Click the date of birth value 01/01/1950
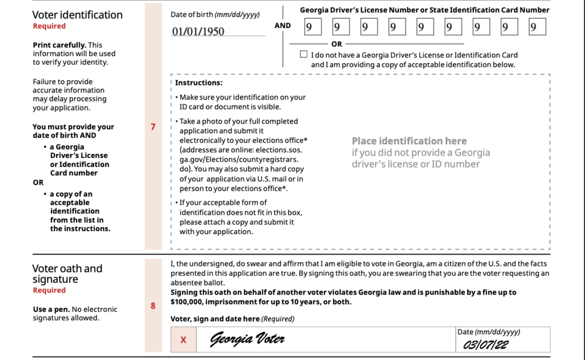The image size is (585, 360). click(198, 32)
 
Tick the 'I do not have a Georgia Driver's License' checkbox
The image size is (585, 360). click(303, 54)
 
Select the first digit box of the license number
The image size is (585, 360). click(312, 26)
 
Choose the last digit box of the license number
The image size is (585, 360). click(537, 26)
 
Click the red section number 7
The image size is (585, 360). click(153, 126)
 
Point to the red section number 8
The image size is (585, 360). click(153, 305)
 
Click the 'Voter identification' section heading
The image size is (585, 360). click(77, 15)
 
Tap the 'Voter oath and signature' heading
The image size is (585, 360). click(67, 274)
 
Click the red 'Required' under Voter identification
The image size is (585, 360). click(49, 26)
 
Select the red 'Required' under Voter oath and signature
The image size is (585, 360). click(49, 290)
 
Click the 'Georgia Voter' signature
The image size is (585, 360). click(247, 340)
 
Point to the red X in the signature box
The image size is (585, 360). click(183, 340)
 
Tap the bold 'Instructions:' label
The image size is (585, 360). click(198, 83)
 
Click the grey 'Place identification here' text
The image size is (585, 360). click(409, 141)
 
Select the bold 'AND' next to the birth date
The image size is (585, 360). click(283, 26)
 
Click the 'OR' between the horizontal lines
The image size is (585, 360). click(336, 44)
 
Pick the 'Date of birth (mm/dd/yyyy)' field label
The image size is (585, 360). click(215, 14)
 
